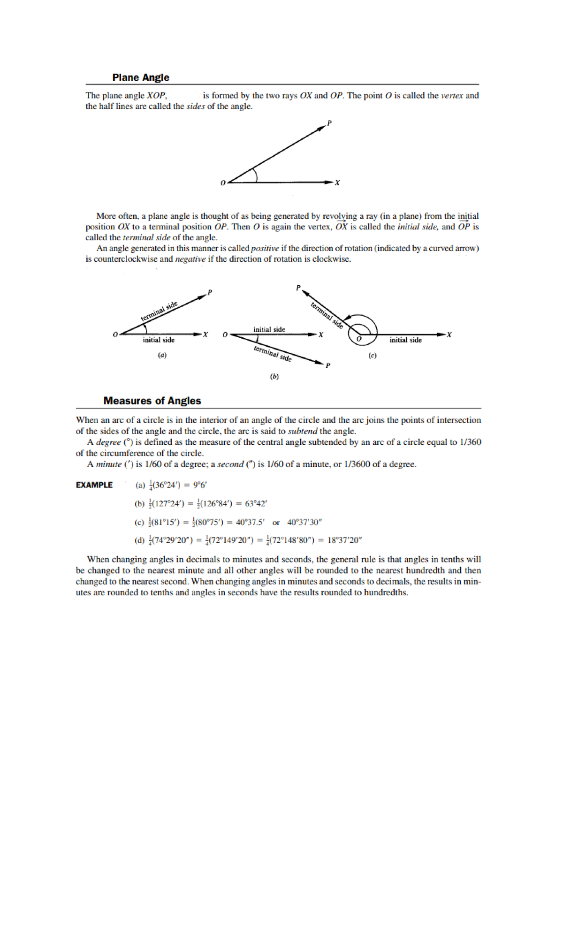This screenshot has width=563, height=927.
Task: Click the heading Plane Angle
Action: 141,77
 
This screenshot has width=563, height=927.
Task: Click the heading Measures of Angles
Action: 152,401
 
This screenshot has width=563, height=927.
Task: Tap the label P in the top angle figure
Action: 329,123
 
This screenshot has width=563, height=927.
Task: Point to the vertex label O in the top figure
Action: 223,182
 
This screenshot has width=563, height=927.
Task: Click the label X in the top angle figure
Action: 337,182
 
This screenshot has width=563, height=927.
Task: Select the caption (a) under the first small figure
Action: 162,355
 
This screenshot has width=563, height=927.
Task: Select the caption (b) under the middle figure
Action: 274,376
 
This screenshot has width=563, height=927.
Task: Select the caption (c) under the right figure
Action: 373,355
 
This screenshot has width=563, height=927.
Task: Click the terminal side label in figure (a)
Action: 159,311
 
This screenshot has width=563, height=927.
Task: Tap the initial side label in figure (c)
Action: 405,340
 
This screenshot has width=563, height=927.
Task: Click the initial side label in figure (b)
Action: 269,329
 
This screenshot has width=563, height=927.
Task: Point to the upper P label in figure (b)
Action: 298,288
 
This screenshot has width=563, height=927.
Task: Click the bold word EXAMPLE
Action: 94,485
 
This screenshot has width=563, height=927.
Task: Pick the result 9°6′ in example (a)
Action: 200,485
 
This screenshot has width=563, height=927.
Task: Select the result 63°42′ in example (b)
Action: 256,503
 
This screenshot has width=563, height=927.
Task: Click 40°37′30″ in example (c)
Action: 304,522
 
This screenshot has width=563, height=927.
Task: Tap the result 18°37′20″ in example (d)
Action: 344,540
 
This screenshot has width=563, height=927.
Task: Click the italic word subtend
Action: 303,431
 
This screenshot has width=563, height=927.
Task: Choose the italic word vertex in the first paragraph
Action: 452,96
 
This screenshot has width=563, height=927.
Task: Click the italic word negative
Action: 190,259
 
